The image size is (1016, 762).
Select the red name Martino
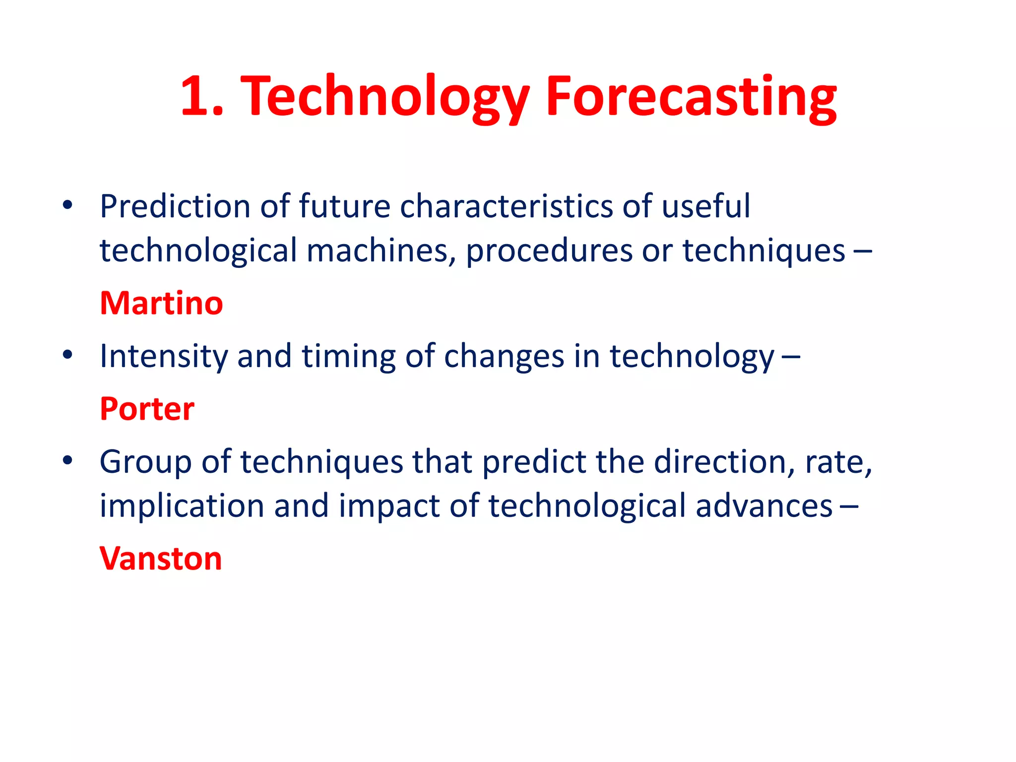point(161,303)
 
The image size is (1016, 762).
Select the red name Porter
point(147,409)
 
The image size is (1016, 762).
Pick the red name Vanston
point(160,559)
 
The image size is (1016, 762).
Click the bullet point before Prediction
point(68,205)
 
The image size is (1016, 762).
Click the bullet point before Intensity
point(68,355)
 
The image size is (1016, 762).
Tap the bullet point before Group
point(68,461)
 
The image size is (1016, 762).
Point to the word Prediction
point(175,206)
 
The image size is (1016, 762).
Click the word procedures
point(549,251)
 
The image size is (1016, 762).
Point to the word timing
point(348,356)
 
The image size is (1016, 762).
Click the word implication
point(182,506)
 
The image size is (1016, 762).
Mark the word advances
point(764,506)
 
